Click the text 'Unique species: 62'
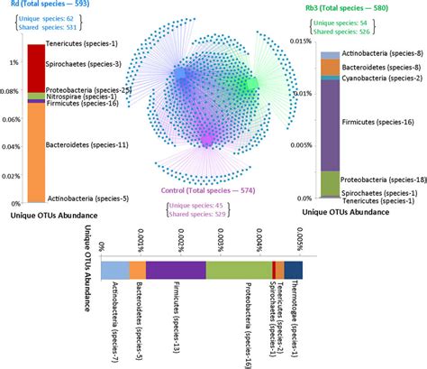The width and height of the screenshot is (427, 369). (58, 19)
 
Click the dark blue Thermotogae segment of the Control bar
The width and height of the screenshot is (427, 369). (294, 270)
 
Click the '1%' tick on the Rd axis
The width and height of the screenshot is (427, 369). (12, 62)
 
